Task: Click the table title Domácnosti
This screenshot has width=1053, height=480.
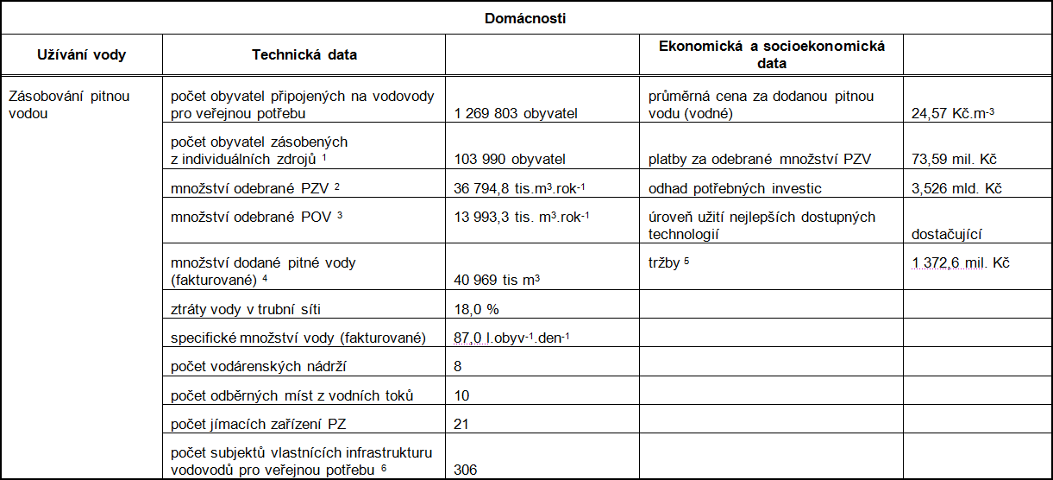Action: pos(525,17)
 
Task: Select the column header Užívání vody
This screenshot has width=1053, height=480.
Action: pos(82,54)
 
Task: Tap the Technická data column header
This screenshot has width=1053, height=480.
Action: pos(304,54)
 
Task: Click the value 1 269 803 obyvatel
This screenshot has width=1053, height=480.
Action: pos(515,113)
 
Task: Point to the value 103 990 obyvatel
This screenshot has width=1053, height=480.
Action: pos(509,159)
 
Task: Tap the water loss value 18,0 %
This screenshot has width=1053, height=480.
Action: pos(476,308)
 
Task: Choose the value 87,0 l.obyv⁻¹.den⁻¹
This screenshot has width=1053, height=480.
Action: pos(511,338)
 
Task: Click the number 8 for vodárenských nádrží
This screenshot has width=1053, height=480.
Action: pos(458,367)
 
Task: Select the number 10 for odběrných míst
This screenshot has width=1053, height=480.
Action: pos(461,396)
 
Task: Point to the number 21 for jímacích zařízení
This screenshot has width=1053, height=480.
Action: pos(461,425)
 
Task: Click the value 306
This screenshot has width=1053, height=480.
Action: pos(465,470)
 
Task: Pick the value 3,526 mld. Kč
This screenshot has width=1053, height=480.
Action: pos(953,189)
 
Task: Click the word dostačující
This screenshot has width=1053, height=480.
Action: pos(947,233)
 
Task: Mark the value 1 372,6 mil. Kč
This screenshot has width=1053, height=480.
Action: pos(960,262)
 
